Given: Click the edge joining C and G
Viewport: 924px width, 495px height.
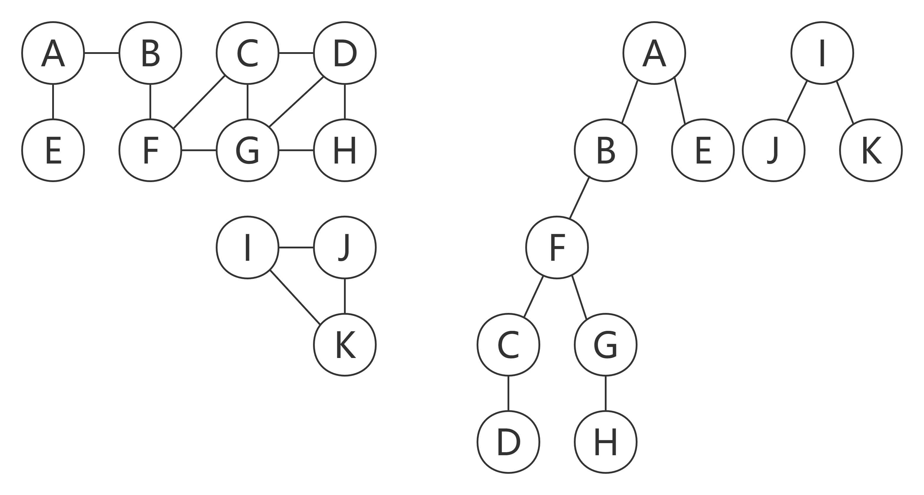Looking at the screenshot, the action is click(248, 102).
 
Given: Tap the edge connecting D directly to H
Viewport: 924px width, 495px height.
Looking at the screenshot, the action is click(345, 102).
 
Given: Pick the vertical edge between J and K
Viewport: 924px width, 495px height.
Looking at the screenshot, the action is click(345, 296).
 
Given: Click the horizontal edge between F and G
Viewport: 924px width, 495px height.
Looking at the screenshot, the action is click(199, 150).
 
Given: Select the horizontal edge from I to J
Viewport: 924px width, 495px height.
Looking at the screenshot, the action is click(296, 247).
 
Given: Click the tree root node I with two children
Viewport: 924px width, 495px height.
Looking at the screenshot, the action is click(822, 53).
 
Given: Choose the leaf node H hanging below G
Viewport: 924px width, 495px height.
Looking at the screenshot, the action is click(605, 442).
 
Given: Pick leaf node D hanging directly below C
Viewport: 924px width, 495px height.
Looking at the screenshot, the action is click(508, 442).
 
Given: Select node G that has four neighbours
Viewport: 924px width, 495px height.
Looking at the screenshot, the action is click(248, 150).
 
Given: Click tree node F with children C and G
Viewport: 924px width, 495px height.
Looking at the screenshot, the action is click(557, 247).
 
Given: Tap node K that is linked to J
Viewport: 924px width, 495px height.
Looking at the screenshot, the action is click(345, 345).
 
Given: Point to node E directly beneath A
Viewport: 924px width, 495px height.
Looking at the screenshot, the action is click(53, 150).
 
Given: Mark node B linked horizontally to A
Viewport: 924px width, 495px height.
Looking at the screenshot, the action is click(150, 53).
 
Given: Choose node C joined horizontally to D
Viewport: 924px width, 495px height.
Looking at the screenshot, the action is click(248, 53).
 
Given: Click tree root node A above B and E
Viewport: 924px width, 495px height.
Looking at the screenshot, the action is click(654, 53).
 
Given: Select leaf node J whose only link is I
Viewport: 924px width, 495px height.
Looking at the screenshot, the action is click(774, 150).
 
